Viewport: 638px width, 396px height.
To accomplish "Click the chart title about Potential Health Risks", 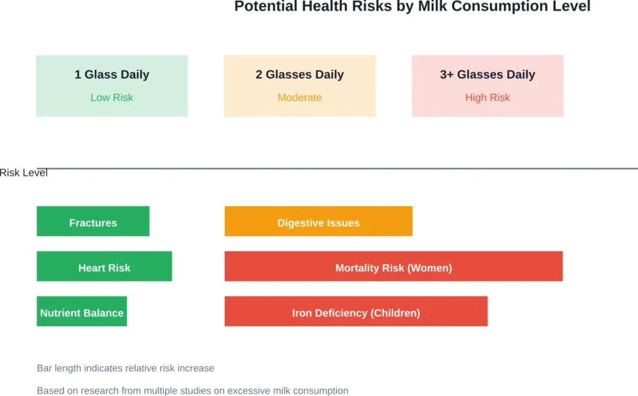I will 412,7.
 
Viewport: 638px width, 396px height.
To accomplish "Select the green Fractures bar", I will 93,222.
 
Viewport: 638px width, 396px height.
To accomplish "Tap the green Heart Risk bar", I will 104,266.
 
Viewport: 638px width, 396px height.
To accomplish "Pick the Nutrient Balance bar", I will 82,311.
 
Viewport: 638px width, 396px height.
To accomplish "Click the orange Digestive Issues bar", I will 318,222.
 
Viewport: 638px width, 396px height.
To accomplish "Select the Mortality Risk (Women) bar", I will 393,266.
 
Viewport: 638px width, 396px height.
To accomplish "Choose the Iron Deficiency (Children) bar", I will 356,311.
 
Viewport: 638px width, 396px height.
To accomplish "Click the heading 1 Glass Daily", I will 112,75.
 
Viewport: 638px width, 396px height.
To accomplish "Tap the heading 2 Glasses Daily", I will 300,75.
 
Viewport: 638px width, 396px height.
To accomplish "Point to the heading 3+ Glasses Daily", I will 487,75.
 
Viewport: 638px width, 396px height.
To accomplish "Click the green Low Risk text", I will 112,98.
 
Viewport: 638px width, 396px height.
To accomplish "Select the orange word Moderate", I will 300,98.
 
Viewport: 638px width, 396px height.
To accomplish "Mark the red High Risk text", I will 487,98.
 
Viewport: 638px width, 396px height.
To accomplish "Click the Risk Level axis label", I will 24,173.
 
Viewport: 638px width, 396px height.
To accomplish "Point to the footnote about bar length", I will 125,369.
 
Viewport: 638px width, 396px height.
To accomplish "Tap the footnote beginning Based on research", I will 193,391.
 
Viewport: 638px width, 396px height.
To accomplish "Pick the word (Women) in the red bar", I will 429,268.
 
